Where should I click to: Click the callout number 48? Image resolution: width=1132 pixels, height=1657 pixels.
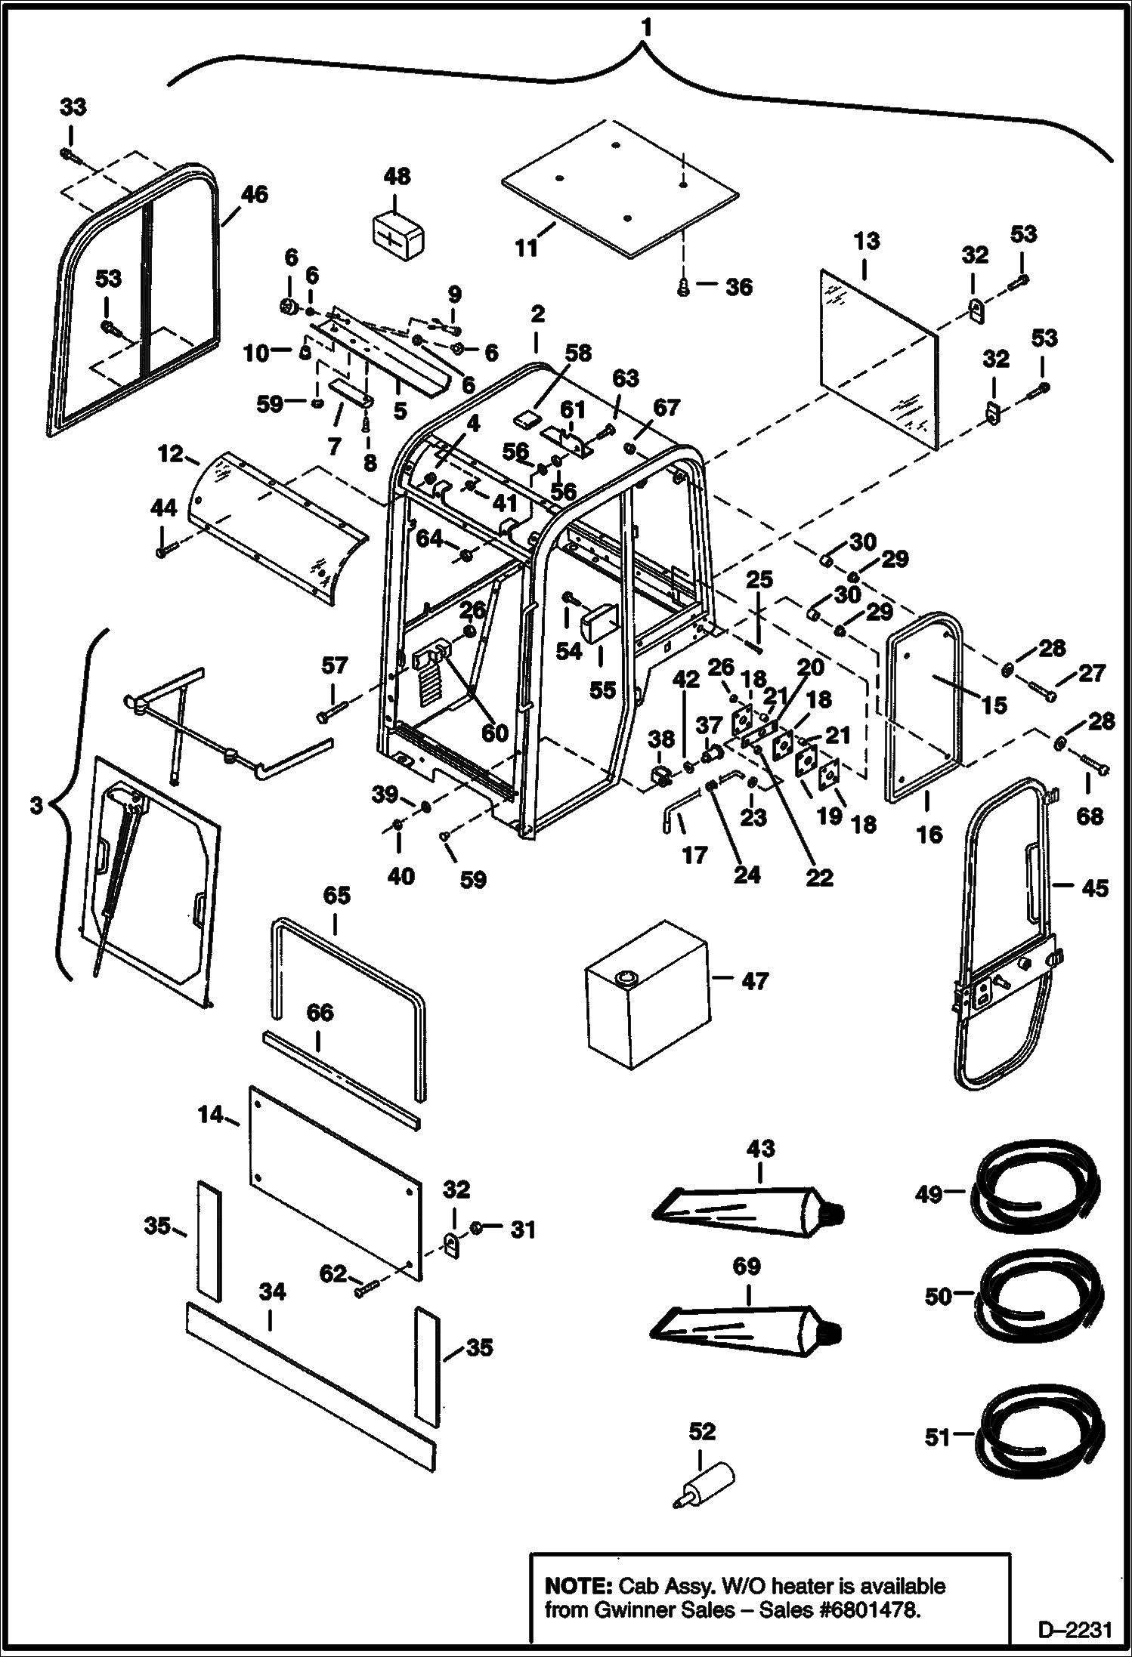point(396,177)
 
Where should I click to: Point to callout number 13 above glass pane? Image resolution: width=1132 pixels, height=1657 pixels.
point(867,242)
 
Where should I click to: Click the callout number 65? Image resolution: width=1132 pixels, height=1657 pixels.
point(336,896)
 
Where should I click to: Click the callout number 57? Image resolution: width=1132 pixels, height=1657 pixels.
point(334,665)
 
